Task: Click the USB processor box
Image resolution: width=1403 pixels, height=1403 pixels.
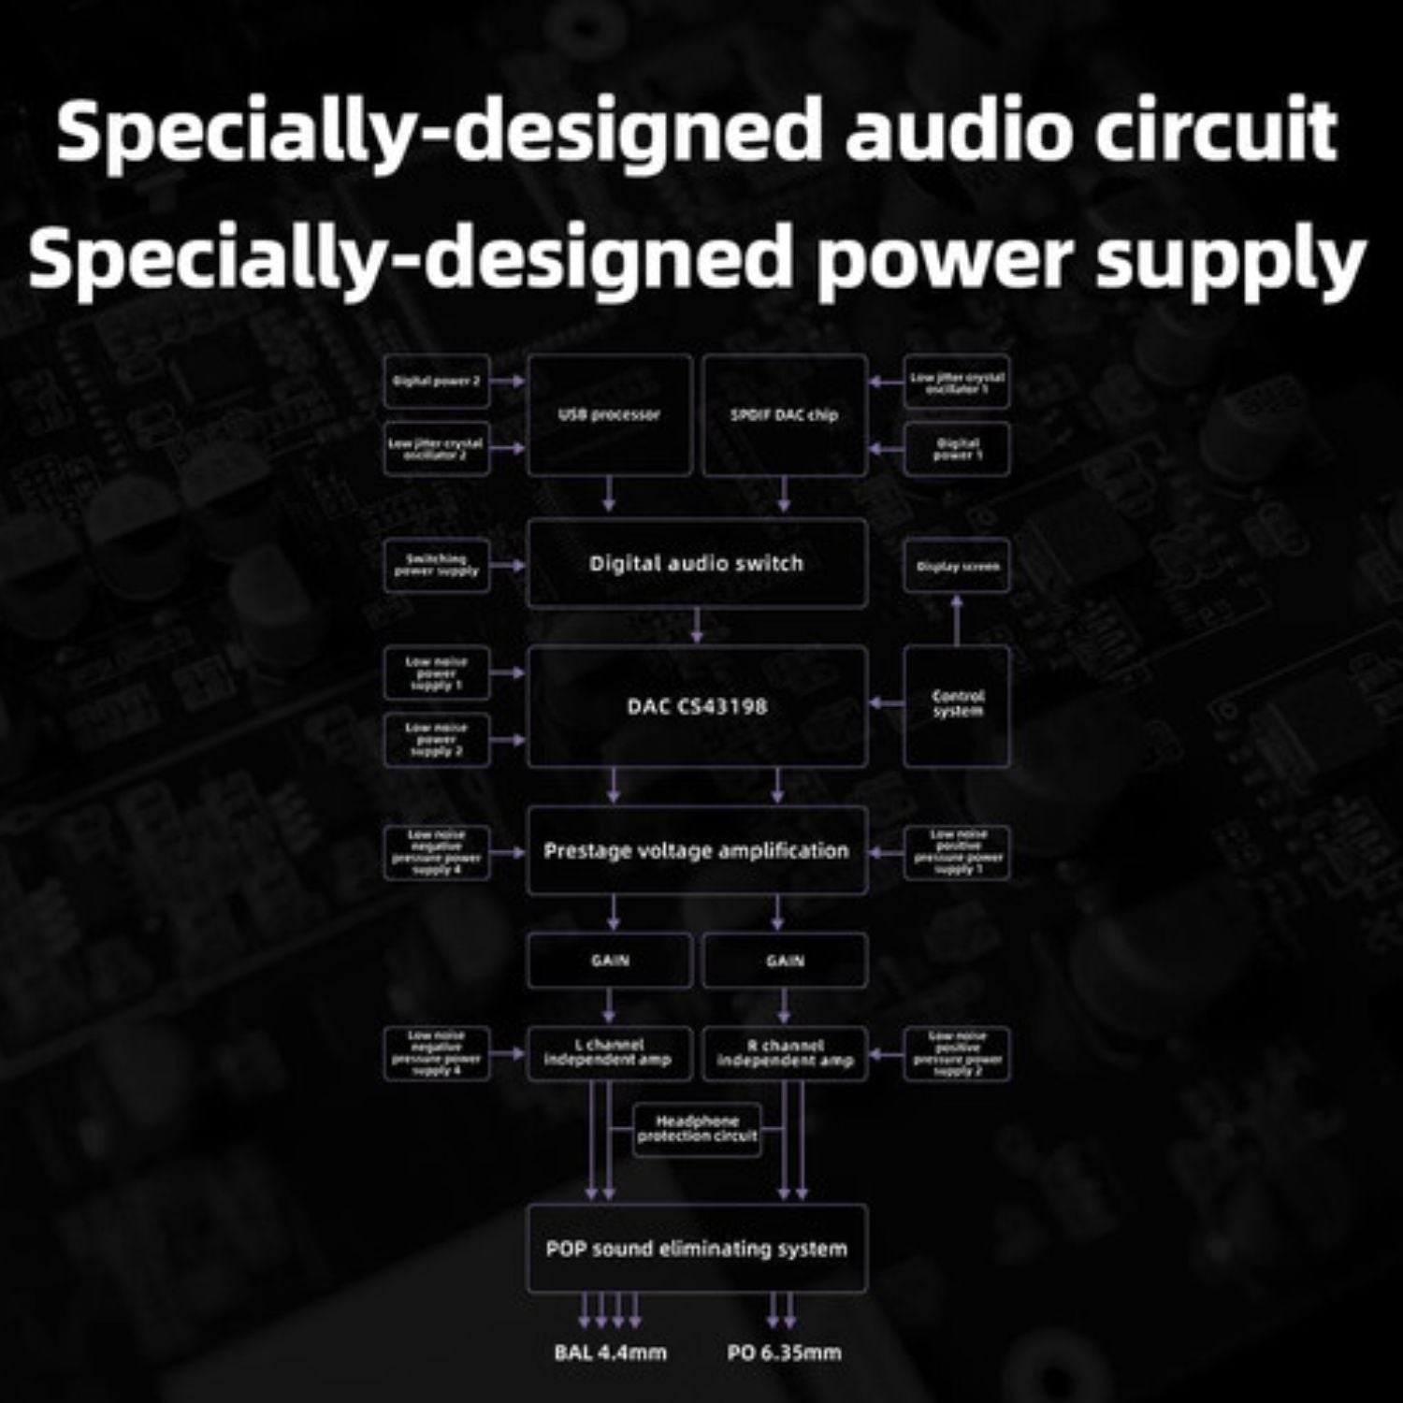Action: click(609, 414)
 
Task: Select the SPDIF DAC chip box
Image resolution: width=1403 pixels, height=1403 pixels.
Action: click(784, 414)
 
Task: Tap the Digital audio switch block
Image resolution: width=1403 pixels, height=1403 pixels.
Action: click(697, 563)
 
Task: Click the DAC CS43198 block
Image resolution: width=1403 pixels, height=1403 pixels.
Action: click(697, 706)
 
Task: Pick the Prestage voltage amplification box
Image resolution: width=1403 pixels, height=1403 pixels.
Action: click(697, 851)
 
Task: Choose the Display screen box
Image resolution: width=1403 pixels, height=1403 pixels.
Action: click(957, 566)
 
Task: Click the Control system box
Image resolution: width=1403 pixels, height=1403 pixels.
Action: click(957, 704)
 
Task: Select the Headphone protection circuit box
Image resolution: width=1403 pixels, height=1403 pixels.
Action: click(697, 1129)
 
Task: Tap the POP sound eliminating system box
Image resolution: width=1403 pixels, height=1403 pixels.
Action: click(697, 1249)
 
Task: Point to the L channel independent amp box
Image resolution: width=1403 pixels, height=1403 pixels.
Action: click(609, 1053)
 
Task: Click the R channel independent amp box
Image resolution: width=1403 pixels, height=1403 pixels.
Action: click(785, 1053)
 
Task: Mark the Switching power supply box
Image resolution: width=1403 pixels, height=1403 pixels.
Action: click(437, 565)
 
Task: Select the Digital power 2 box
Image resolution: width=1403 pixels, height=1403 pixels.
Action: click(437, 381)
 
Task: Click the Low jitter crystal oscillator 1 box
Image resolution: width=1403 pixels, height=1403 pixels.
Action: click(957, 382)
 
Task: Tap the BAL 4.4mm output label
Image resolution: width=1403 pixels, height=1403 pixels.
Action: click(610, 1352)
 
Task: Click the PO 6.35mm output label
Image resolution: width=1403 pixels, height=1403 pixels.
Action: click(784, 1352)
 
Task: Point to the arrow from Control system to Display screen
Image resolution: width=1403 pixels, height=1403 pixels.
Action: click(957, 619)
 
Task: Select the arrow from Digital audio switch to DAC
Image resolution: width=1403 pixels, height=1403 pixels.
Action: click(697, 626)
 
